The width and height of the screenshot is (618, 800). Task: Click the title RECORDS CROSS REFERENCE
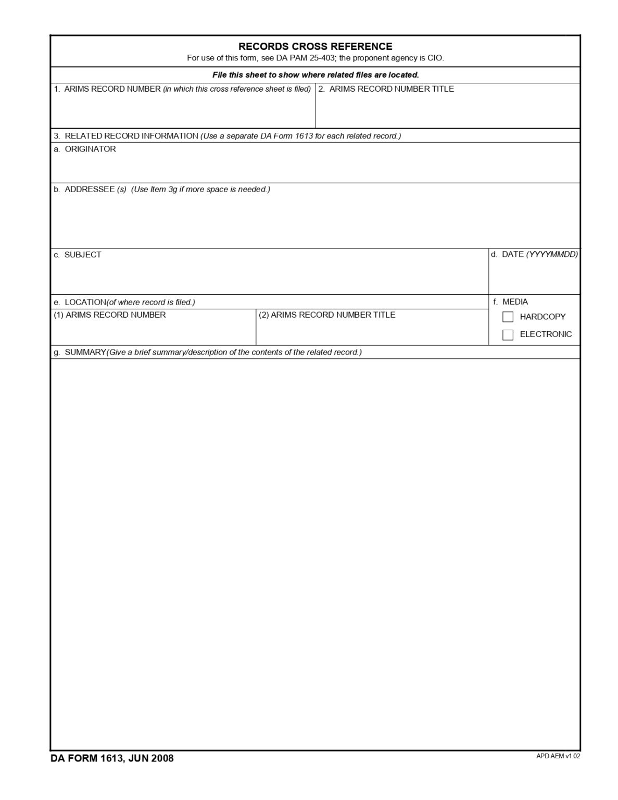[315, 46]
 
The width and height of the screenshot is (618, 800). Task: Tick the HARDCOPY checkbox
[508, 317]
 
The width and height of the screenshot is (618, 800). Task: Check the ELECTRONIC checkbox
[508, 334]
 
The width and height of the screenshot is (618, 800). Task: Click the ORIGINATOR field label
[90, 149]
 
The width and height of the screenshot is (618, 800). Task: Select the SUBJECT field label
[83, 255]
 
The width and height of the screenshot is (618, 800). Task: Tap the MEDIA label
[515, 302]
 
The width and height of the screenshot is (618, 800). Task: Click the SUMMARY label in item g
[85, 352]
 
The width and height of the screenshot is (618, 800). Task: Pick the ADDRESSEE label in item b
[89, 190]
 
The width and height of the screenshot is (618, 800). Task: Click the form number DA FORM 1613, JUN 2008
[112, 758]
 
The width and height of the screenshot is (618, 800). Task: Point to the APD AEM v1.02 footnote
[558, 756]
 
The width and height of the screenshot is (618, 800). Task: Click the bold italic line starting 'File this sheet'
[316, 75]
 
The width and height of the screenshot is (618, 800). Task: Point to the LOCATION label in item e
[85, 302]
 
